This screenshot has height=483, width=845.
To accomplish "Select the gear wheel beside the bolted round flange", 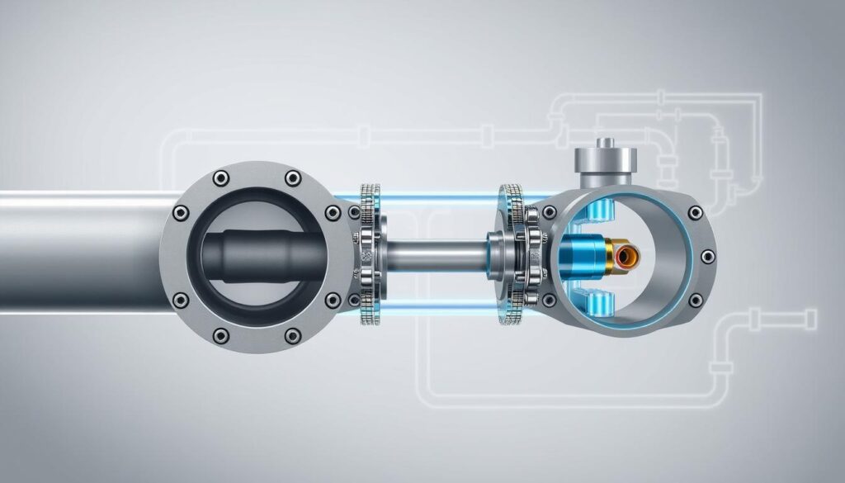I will (x=369, y=254).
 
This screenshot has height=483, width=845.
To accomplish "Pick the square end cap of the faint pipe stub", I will (x=810, y=315).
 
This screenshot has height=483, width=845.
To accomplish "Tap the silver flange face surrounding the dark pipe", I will (x=177, y=272).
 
